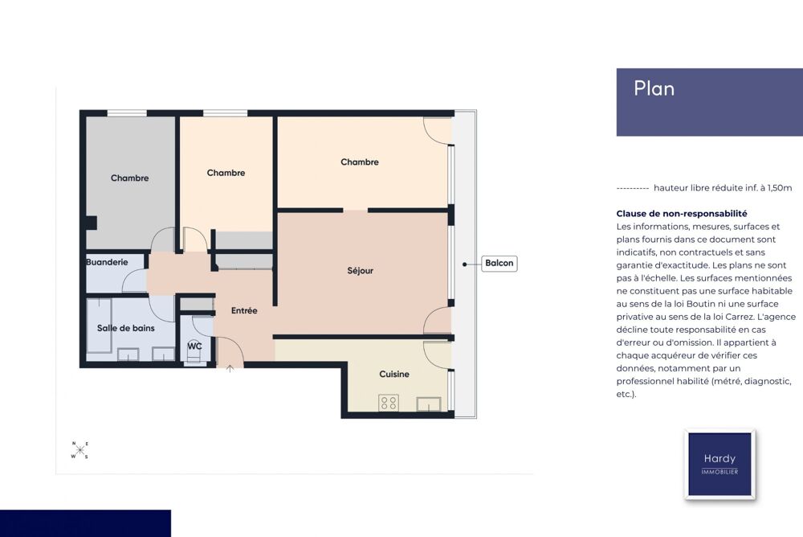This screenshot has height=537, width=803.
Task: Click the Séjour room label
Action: [x=360, y=271]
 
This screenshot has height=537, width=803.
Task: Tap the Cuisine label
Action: [x=394, y=375]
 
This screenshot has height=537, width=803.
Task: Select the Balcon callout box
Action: [x=499, y=264]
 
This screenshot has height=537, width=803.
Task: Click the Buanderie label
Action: [x=107, y=262]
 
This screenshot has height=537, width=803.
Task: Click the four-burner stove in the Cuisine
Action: [x=389, y=403]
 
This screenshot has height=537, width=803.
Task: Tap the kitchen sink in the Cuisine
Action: [x=429, y=404]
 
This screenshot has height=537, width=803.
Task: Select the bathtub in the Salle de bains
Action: [x=100, y=326]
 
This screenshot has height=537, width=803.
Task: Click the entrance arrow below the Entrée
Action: [x=230, y=367]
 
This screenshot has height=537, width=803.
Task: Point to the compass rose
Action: [x=79, y=450]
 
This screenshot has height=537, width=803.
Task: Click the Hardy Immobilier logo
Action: [x=719, y=464]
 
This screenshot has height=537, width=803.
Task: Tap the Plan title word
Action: [x=654, y=88]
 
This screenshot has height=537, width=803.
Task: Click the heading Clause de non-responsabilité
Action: [x=682, y=213]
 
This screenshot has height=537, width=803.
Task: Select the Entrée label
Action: [x=244, y=310]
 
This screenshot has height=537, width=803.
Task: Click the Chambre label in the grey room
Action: [x=129, y=178]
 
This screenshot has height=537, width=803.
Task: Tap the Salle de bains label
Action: [x=126, y=328]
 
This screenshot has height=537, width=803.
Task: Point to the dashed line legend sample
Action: [x=633, y=188]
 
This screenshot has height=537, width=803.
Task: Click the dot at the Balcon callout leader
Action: [x=464, y=264]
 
